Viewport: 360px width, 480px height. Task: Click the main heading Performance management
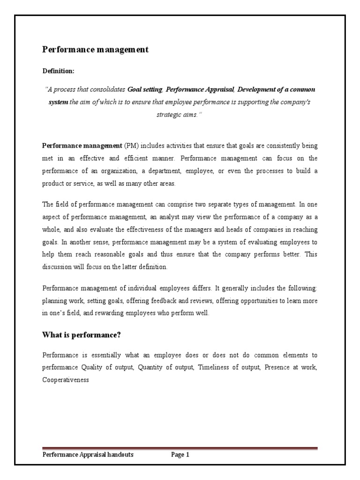(96, 49)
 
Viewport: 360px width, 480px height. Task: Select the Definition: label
(58, 71)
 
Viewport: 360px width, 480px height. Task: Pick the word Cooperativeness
(66, 380)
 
